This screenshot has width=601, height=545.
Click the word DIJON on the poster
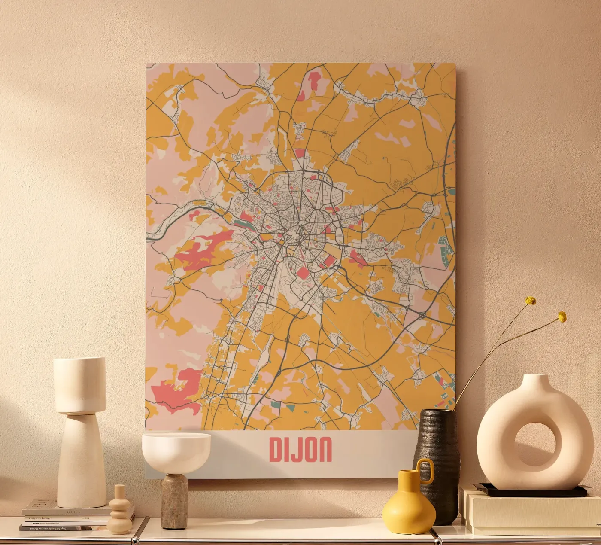(x=300, y=449)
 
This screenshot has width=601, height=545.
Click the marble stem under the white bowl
(x=174, y=501)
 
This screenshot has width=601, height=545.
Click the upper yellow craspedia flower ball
(x=531, y=301)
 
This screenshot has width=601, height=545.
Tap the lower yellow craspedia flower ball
(x=562, y=317)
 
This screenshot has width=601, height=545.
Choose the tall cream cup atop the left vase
(x=79, y=384)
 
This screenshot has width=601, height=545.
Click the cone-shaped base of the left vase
(x=81, y=462)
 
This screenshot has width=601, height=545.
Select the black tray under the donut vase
(x=532, y=490)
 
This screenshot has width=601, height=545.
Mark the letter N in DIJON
(x=325, y=449)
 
